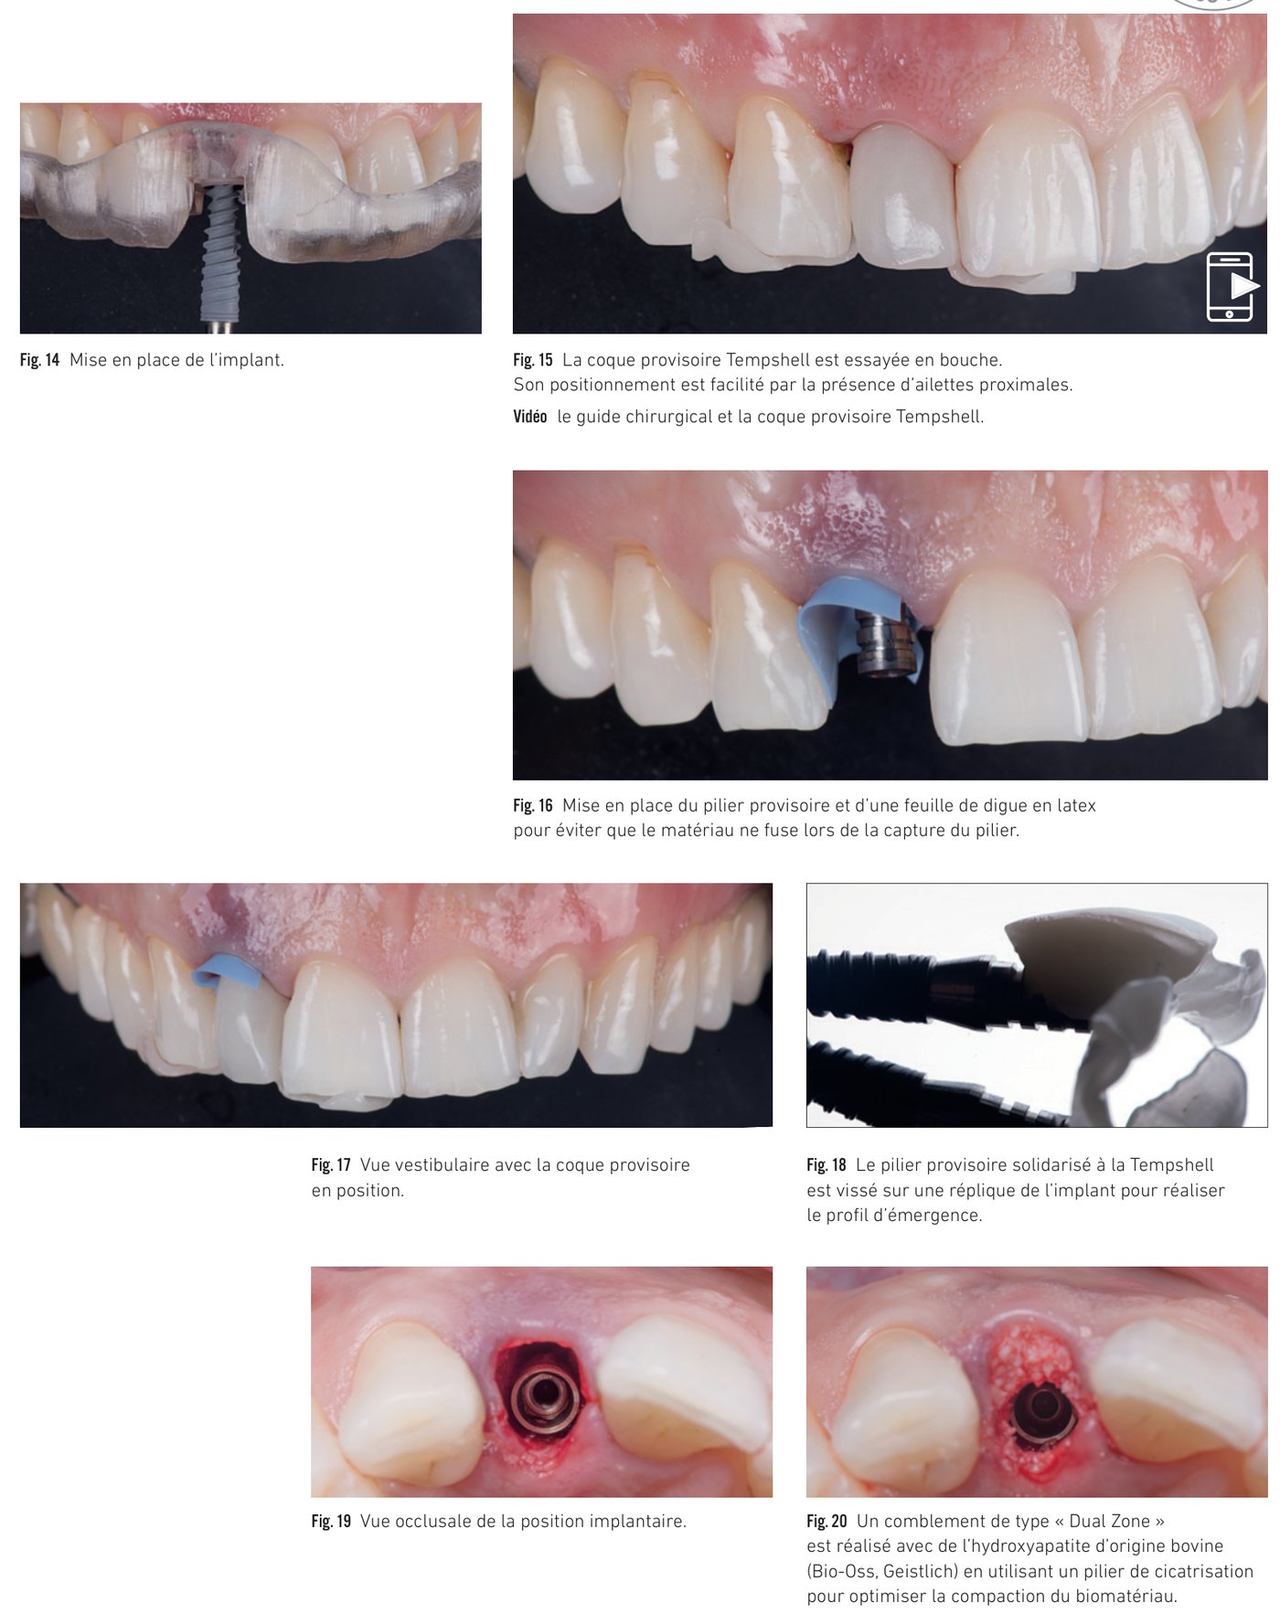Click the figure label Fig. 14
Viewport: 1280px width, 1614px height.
coord(39,360)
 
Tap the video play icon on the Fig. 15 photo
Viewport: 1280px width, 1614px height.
coord(1232,286)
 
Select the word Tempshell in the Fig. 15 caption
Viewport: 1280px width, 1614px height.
coord(765,360)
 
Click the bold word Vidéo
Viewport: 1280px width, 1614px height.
coord(530,417)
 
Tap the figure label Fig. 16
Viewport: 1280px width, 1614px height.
coord(533,806)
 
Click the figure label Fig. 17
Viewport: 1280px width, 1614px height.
coord(331,1165)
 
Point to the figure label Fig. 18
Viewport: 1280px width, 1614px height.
coord(827,1165)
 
